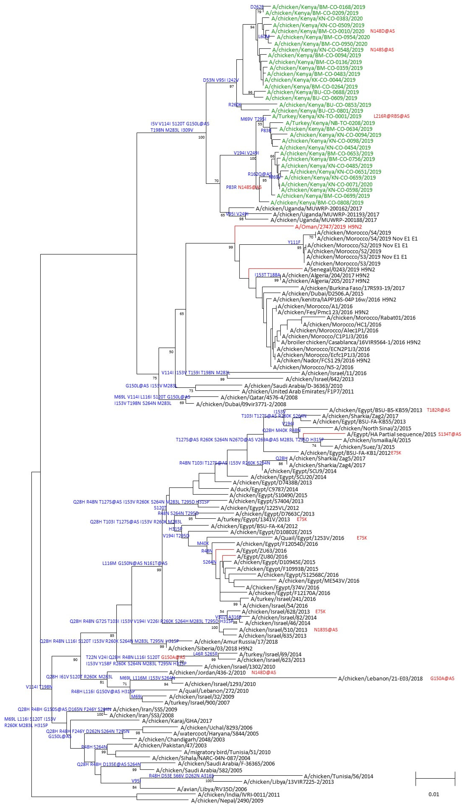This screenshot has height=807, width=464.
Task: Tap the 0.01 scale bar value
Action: point(434,794)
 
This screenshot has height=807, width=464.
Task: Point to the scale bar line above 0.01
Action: point(435,779)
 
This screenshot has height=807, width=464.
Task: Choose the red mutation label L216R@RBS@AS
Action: point(391,116)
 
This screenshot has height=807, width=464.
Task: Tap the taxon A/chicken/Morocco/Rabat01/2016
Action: point(371,318)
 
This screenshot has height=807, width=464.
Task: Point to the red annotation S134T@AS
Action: point(449,434)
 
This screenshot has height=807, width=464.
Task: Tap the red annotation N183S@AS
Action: point(326,630)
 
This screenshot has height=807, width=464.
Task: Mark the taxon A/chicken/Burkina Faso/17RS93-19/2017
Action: point(352,288)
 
